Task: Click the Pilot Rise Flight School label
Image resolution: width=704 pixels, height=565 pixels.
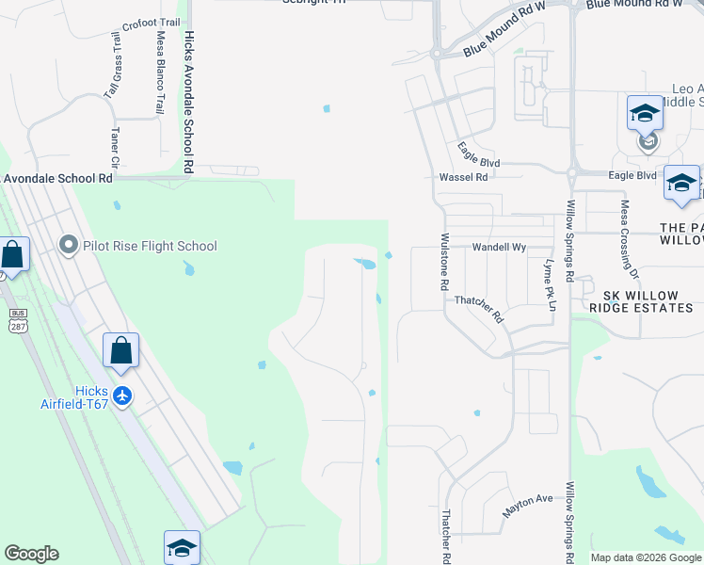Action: pyautogui.click(x=150, y=246)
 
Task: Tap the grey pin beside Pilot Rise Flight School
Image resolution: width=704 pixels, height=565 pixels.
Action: pyautogui.click(x=68, y=246)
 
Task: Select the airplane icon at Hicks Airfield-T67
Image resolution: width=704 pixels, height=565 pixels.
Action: pyautogui.click(x=120, y=396)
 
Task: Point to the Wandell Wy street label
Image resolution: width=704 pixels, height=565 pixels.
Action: pyautogui.click(x=499, y=247)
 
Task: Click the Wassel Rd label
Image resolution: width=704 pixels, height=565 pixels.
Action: pyautogui.click(x=464, y=177)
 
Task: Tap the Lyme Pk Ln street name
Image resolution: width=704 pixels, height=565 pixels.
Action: pyautogui.click(x=549, y=281)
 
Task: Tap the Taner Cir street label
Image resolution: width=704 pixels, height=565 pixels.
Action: pyautogui.click(x=116, y=148)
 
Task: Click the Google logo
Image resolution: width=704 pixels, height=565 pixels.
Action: pyautogui.click(x=32, y=554)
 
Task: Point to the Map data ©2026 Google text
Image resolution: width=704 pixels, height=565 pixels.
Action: pyautogui.click(x=645, y=557)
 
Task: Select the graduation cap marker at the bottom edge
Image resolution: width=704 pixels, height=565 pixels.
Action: pyautogui.click(x=183, y=547)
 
